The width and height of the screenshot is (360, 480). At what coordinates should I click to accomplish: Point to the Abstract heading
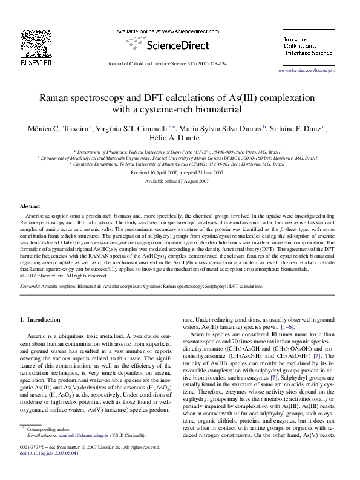click(30, 206)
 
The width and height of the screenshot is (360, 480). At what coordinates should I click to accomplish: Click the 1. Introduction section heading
click(40, 319)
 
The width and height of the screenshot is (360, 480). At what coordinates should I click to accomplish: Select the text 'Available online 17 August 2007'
click(180, 181)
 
